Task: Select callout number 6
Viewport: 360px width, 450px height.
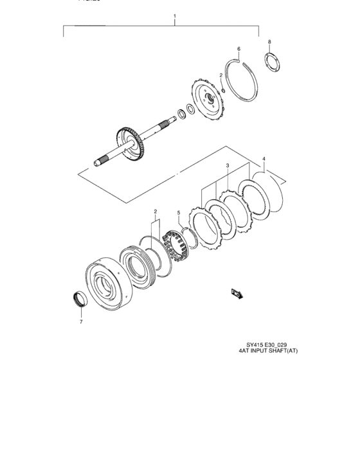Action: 238,49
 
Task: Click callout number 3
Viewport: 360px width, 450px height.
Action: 227,166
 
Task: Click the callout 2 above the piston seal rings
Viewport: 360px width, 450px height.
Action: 155,211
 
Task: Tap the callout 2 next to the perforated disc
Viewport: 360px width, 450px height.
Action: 221,75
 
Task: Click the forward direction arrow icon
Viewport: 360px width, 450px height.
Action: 236,292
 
